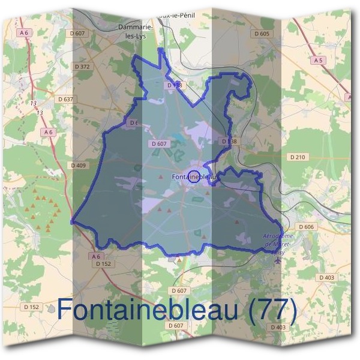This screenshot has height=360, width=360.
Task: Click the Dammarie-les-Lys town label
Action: point(135,31)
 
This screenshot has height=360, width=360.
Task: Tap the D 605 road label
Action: point(262,34)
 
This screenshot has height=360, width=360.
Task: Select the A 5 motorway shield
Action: point(318,61)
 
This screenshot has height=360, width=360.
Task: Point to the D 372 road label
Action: point(82,67)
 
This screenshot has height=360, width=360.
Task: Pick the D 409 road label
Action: point(79,165)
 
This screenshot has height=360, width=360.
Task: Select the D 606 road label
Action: point(306,227)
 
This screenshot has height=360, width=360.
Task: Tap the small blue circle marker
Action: point(194,176)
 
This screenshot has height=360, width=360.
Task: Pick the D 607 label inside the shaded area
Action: point(159,144)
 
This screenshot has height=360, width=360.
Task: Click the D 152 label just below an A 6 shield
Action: point(103,263)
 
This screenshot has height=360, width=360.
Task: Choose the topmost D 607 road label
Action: point(77,34)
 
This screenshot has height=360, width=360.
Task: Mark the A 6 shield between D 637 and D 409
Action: point(48,131)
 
